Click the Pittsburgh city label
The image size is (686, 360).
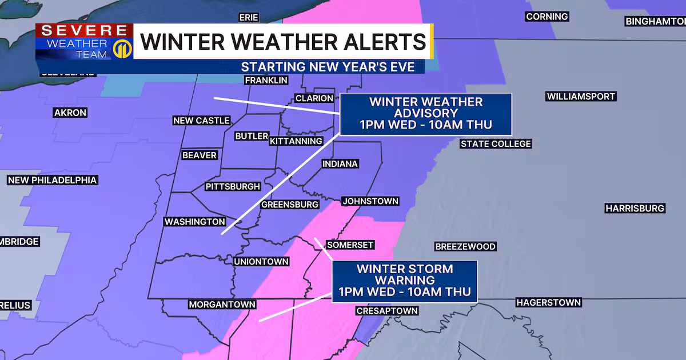pyautogui.click(x=233, y=187)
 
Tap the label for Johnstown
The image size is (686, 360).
pyautogui.click(x=370, y=201)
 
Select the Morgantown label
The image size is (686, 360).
pyautogui.click(x=222, y=305)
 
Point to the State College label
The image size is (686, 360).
pyautogui.click(x=496, y=144)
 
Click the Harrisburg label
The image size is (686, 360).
pyautogui.click(x=635, y=209)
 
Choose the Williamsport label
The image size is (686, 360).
pyautogui.click(x=580, y=97)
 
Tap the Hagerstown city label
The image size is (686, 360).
pyautogui.click(x=548, y=302)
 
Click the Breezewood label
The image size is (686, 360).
pyautogui.click(x=465, y=247)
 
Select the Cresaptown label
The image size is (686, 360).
pyautogui.click(x=387, y=311)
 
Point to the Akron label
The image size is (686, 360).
pyautogui.click(x=70, y=113)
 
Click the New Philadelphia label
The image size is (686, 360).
pyautogui.click(x=52, y=181)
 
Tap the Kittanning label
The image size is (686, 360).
pyautogui.click(x=296, y=141)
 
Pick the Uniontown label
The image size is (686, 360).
pyautogui.click(x=261, y=262)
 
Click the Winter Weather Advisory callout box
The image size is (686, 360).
pyautogui.click(x=426, y=114)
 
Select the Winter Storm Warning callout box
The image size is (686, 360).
pyautogui.click(x=404, y=281)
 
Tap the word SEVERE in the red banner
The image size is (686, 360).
pyautogui.click(x=83, y=31)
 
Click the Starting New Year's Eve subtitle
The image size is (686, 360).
pyautogui.click(x=332, y=66)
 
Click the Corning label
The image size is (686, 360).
pyautogui.click(x=547, y=17)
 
